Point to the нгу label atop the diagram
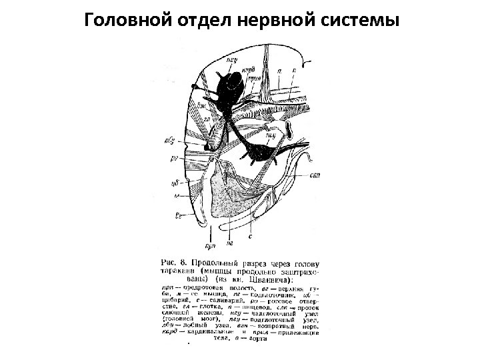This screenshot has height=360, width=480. pyautogui.click(x=232, y=59)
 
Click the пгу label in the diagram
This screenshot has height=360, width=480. pyautogui.click(x=270, y=134)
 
